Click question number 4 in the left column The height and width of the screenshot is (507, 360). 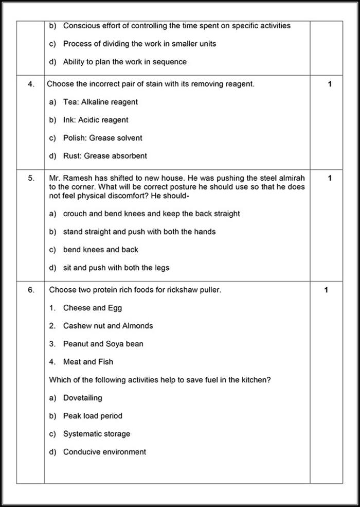[x=31, y=84]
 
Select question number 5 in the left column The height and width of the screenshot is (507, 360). [x=31, y=178]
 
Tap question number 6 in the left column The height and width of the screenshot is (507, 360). [x=31, y=290]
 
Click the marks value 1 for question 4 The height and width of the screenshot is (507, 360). [x=330, y=84]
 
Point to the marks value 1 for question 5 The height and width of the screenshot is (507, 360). [x=330, y=178]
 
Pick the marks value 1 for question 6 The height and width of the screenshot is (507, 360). [x=326, y=290]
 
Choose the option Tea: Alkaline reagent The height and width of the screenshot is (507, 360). [x=100, y=102]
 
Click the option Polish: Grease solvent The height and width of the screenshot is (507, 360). [x=102, y=138]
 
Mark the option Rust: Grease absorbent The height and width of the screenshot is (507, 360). [x=105, y=156]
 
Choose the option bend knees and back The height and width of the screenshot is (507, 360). [x=100, y=250]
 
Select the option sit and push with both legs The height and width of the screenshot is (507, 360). [x=116, y=268]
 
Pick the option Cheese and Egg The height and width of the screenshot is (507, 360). [x=93, y=308]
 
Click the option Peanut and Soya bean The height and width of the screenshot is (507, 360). [x=103, y=344]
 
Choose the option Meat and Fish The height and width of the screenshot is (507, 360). [x=88, y=362]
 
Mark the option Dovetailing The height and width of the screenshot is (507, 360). [x=82, y=398]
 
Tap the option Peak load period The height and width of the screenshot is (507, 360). [x=93, y=416]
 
